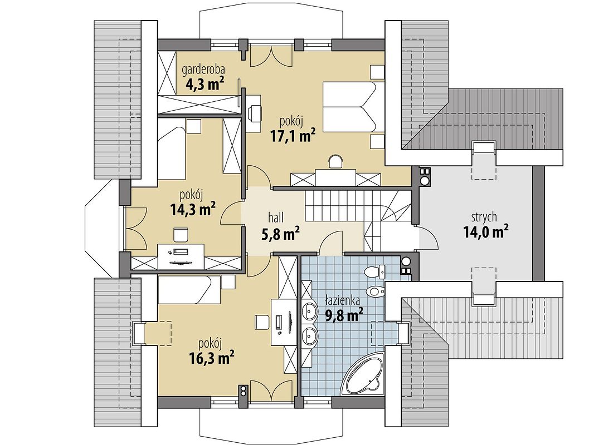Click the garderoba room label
[203, 70]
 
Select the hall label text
[276, 217]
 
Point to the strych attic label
[484, 217]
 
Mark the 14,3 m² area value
[193, 209]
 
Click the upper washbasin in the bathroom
[310, 310]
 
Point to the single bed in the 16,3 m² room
[189, 289]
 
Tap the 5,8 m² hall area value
[280, 233]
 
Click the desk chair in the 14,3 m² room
[181, 235]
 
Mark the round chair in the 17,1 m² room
[335, 161]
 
